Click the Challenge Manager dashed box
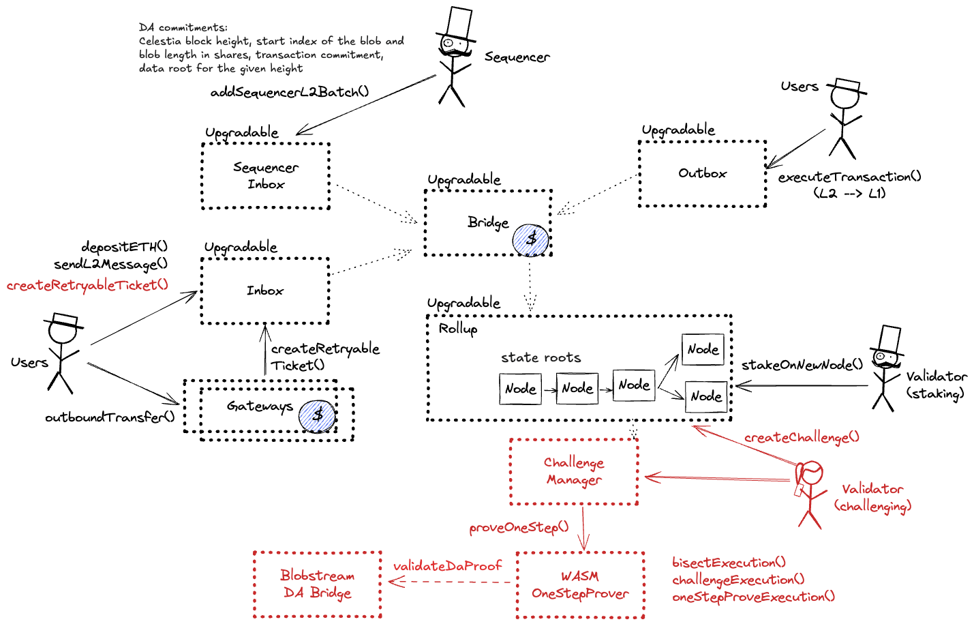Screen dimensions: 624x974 click(574, 471)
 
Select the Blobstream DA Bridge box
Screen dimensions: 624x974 click(317, 584)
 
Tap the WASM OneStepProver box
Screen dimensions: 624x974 click(580, 585)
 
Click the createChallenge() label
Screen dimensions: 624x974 click(802, 437)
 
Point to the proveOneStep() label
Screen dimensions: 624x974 click(519, 528)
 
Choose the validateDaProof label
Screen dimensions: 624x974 click(447, 566)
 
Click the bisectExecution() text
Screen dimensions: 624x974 click(729, 563)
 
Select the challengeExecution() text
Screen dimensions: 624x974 click(738, 580)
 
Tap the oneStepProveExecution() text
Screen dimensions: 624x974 click(753, 597)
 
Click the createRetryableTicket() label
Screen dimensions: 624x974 click(87, 285)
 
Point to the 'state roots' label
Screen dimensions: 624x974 click(541, 357)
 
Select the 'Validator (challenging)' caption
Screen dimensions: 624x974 click(872, 497)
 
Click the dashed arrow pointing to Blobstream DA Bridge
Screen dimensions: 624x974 click(450, 582)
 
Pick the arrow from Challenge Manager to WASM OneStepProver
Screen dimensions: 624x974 click(583, 529)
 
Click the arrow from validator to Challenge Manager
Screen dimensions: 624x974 click(716, 479)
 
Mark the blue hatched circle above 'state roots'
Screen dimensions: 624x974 click(530, 241)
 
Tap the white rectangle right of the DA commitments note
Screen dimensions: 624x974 click(459, 23)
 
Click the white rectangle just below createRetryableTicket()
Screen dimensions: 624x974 click(65, 319)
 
